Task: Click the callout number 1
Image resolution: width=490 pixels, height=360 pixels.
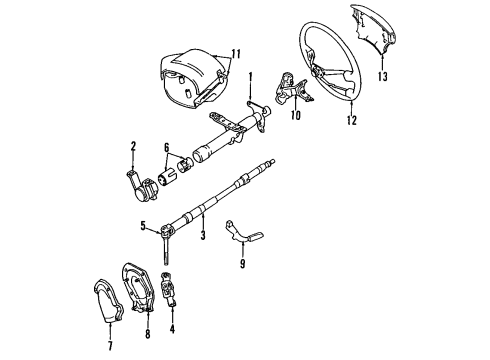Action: point(251,77)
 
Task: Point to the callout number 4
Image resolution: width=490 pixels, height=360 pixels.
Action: point(172,326)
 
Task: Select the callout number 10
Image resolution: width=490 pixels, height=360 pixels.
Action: point(294,114)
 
